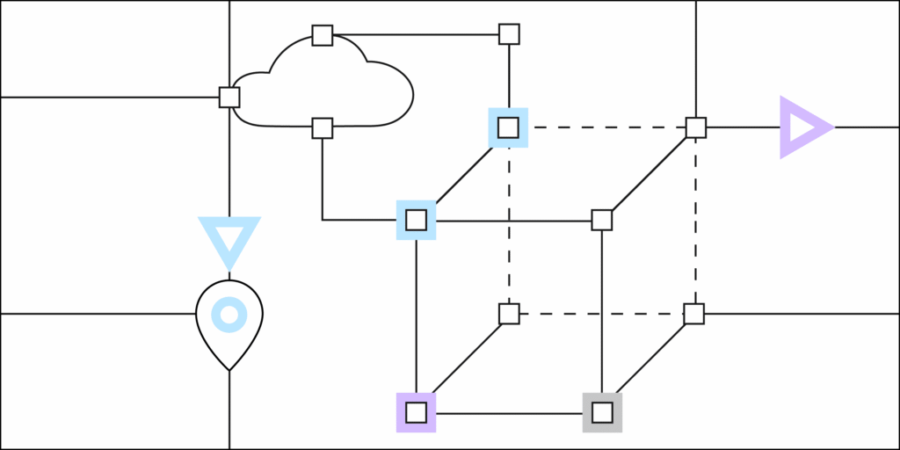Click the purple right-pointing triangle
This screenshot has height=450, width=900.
(802, 127)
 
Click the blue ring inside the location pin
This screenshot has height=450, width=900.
(229, 314)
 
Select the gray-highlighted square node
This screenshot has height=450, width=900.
(602, 412)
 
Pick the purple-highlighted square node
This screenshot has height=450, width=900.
(416, 412)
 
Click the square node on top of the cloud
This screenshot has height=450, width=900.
(323, 35)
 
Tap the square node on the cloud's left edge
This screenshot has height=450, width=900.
(229, 97)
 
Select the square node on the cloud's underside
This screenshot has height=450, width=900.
(323, 128)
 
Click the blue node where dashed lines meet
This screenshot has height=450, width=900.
(508, 127)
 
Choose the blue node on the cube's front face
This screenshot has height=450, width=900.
(416, 220)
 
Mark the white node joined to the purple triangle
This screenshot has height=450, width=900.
(696, 127)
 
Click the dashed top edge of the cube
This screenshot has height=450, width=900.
(602, 127)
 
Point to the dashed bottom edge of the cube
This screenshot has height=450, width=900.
(602, 314)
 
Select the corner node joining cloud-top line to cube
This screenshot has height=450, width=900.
(509, 34)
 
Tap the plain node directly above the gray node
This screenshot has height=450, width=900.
(602, 220)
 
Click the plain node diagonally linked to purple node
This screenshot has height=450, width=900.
(509, 314)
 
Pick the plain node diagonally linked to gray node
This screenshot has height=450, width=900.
(694, 314)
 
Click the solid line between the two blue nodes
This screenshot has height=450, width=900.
(462, 174)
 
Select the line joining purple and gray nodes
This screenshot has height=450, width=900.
(509, 412)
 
